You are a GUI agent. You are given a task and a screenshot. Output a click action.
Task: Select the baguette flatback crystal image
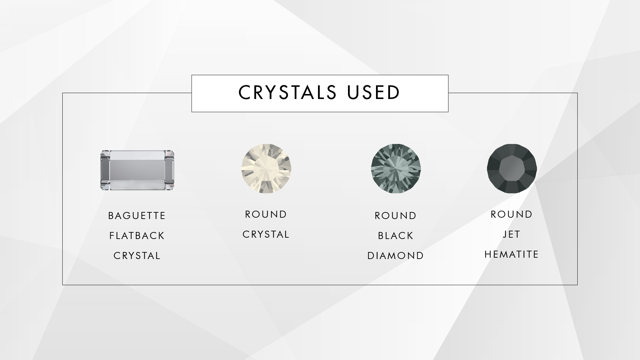137,170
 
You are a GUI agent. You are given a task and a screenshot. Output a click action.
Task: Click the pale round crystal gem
266,169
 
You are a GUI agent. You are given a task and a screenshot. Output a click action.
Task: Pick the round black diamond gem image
396,169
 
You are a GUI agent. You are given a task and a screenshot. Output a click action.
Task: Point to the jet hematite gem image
512,169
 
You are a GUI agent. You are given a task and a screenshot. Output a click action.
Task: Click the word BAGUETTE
137,216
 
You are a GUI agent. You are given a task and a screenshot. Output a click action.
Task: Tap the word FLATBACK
137,236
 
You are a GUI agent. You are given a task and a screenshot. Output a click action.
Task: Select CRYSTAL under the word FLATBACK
137,256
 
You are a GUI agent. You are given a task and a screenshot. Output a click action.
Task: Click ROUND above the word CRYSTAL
266,214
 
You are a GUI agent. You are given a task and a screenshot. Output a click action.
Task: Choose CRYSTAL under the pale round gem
266,234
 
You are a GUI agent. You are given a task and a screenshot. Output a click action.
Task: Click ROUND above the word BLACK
396,216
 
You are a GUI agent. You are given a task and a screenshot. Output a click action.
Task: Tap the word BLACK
396,236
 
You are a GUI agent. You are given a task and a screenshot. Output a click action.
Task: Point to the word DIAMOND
396,256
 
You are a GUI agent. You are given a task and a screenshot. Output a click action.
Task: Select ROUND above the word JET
512,214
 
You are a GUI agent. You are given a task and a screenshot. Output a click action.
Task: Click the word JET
512,234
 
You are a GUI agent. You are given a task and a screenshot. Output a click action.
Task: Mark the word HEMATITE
512,254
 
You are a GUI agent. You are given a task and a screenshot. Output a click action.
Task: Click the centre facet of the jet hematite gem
512,169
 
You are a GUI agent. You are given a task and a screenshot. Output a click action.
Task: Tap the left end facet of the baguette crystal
106,170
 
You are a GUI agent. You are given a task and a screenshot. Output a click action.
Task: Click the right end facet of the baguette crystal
169,170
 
